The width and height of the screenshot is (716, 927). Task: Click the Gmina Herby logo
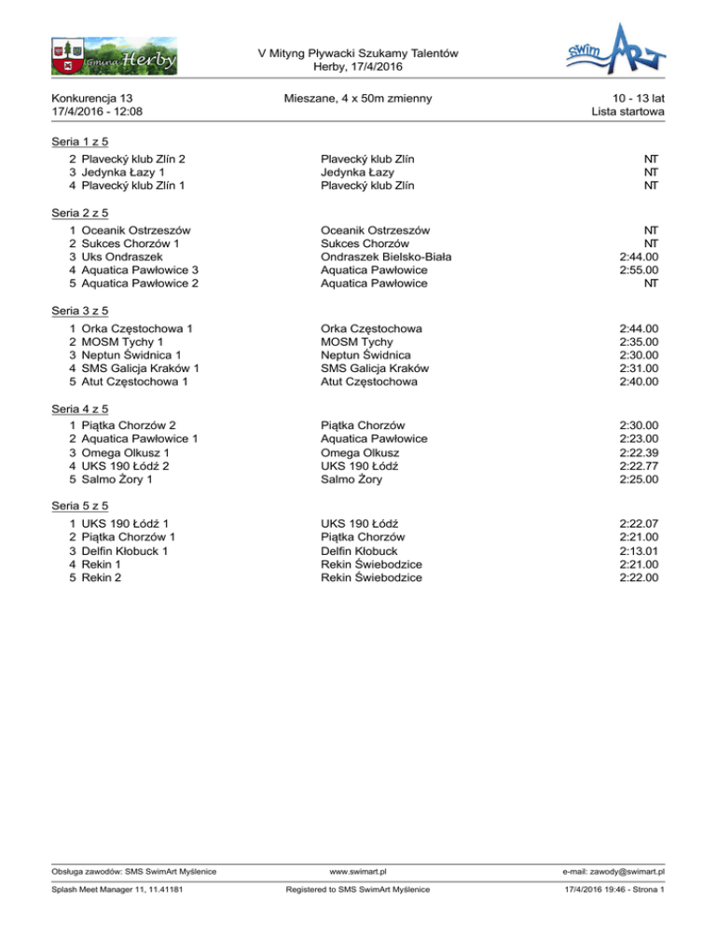112,55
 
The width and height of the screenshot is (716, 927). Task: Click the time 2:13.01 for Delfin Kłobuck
639,550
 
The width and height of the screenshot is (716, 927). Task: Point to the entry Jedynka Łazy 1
124,173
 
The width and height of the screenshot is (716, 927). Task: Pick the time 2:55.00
639,270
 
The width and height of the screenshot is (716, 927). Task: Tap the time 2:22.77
639,466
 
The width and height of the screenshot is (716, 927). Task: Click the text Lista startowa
627,112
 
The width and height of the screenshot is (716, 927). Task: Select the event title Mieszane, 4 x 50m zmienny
359,97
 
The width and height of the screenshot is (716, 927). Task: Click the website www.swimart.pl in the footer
358,871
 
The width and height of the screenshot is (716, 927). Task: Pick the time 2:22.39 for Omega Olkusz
639,452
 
